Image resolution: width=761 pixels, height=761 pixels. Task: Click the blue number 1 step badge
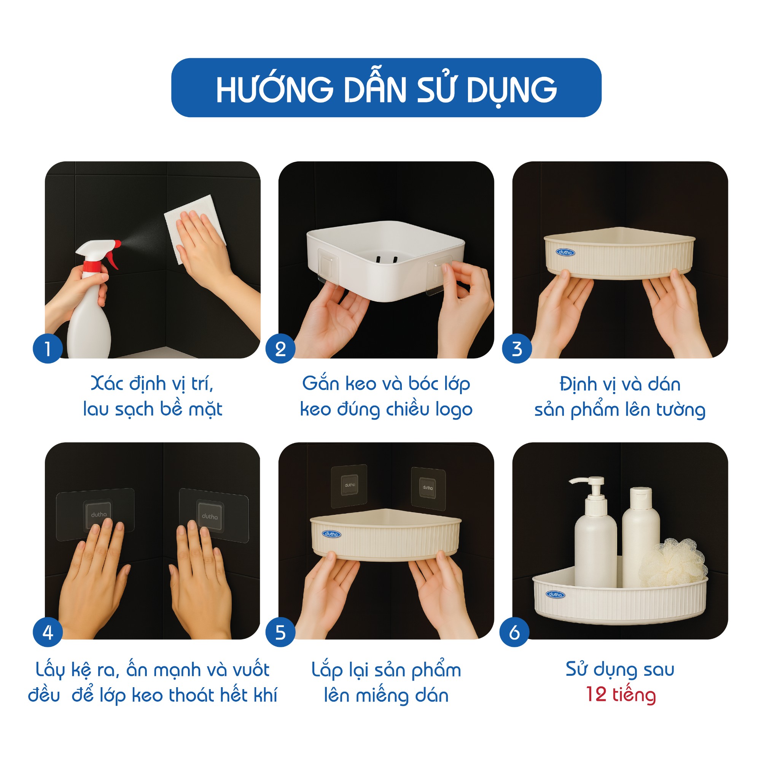point(48,349)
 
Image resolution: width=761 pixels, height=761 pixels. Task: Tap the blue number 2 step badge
point(280,349)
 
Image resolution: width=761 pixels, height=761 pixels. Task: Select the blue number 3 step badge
point(517,349)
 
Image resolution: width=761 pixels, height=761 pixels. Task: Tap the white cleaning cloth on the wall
point(195,228)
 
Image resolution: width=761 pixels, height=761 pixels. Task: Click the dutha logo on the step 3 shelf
point(566,252)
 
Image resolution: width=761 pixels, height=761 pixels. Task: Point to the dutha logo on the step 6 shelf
point(556,594)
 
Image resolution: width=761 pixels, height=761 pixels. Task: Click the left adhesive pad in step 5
point(349,485)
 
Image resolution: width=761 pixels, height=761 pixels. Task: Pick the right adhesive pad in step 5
point(428,488)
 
